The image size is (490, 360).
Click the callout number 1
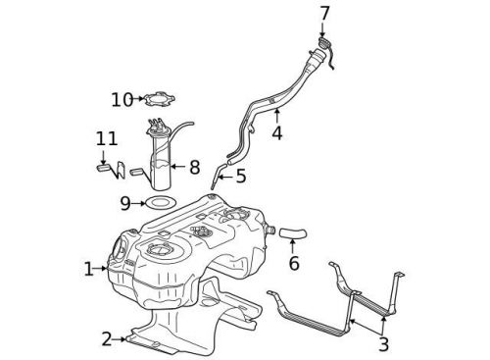(88, 267)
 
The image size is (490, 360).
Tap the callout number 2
(107, 339)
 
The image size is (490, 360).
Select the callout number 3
(383, 344)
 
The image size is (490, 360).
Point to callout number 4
(277, 132)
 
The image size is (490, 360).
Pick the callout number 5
(239, 177)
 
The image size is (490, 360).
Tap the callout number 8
(193, 168)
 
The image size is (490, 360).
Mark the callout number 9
(125, 203)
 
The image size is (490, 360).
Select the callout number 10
(121, 99)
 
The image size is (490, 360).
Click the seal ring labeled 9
(160, 203)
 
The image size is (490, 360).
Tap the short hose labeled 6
(293, 233)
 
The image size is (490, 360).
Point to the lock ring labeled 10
(157, 98)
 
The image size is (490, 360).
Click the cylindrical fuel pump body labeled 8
(161, 162)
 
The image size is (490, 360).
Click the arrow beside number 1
(103, 267)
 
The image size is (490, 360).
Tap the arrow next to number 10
(138, 99)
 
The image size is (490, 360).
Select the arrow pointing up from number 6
(293, 247)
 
